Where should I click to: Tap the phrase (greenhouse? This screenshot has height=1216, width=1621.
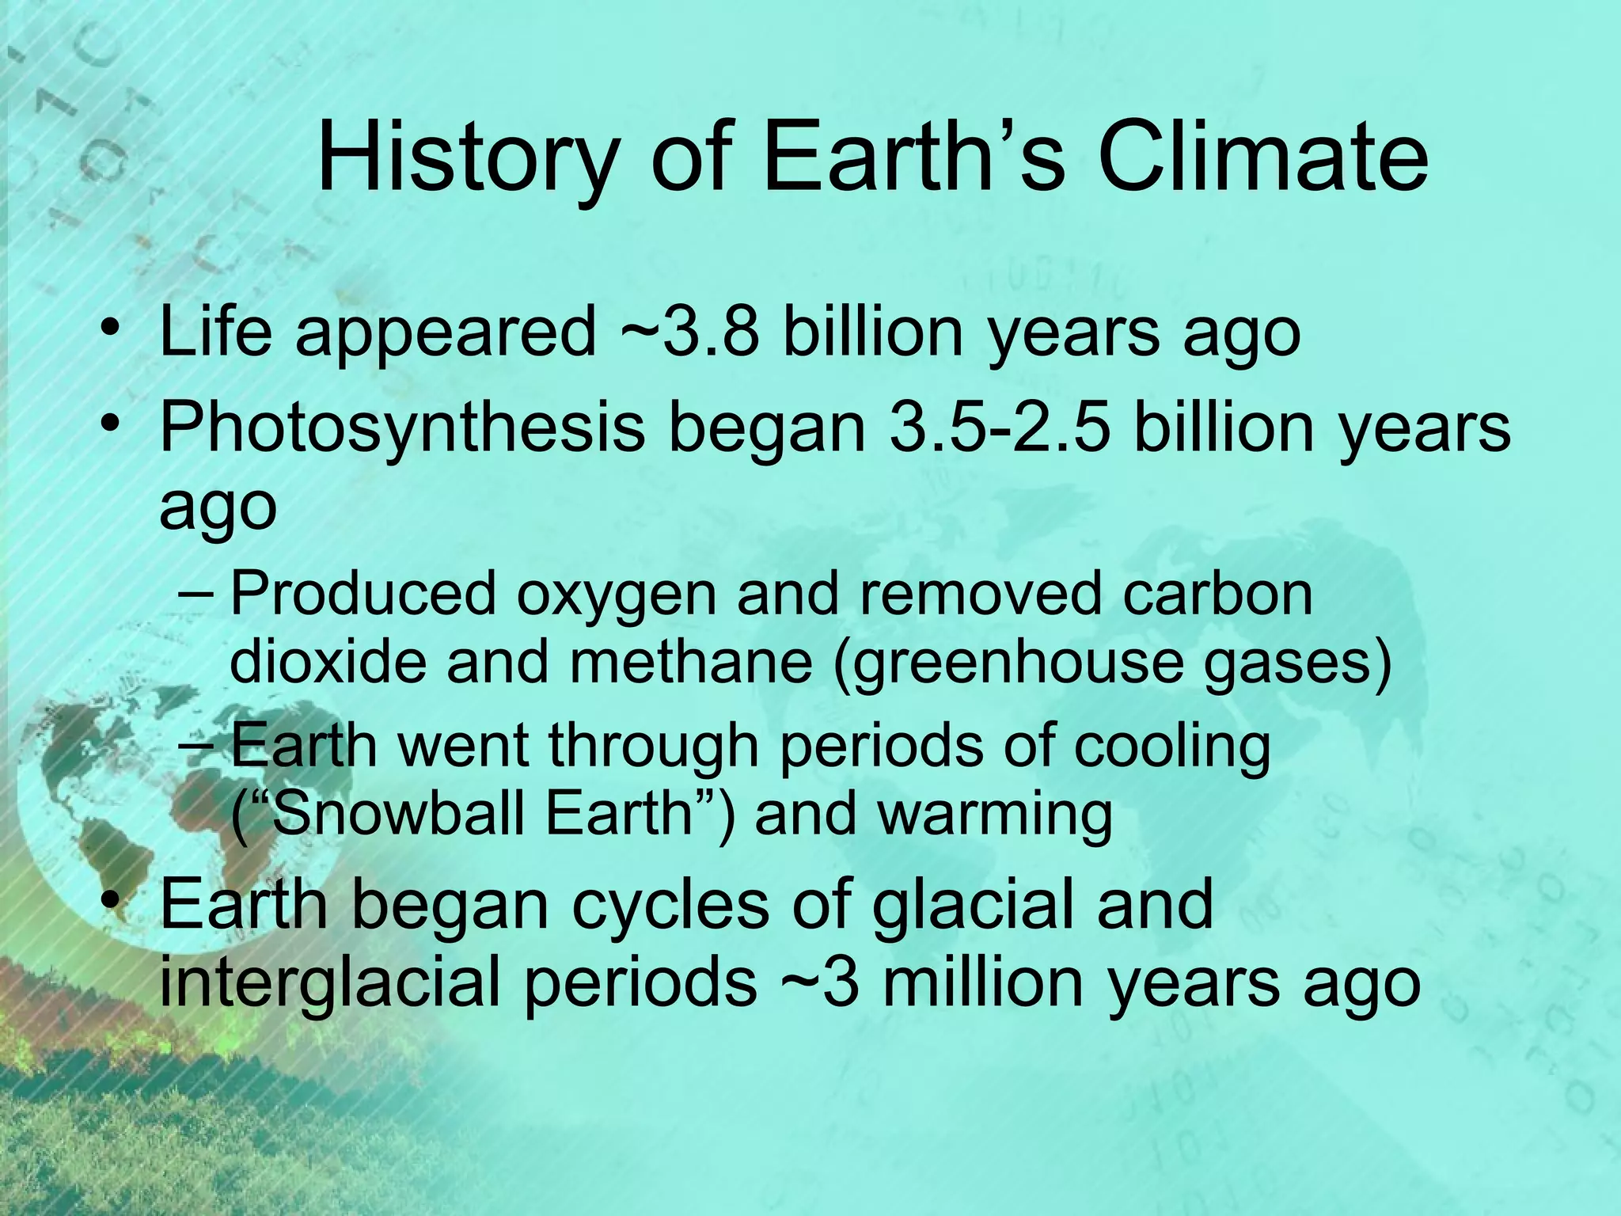[x=1005, y=663]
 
